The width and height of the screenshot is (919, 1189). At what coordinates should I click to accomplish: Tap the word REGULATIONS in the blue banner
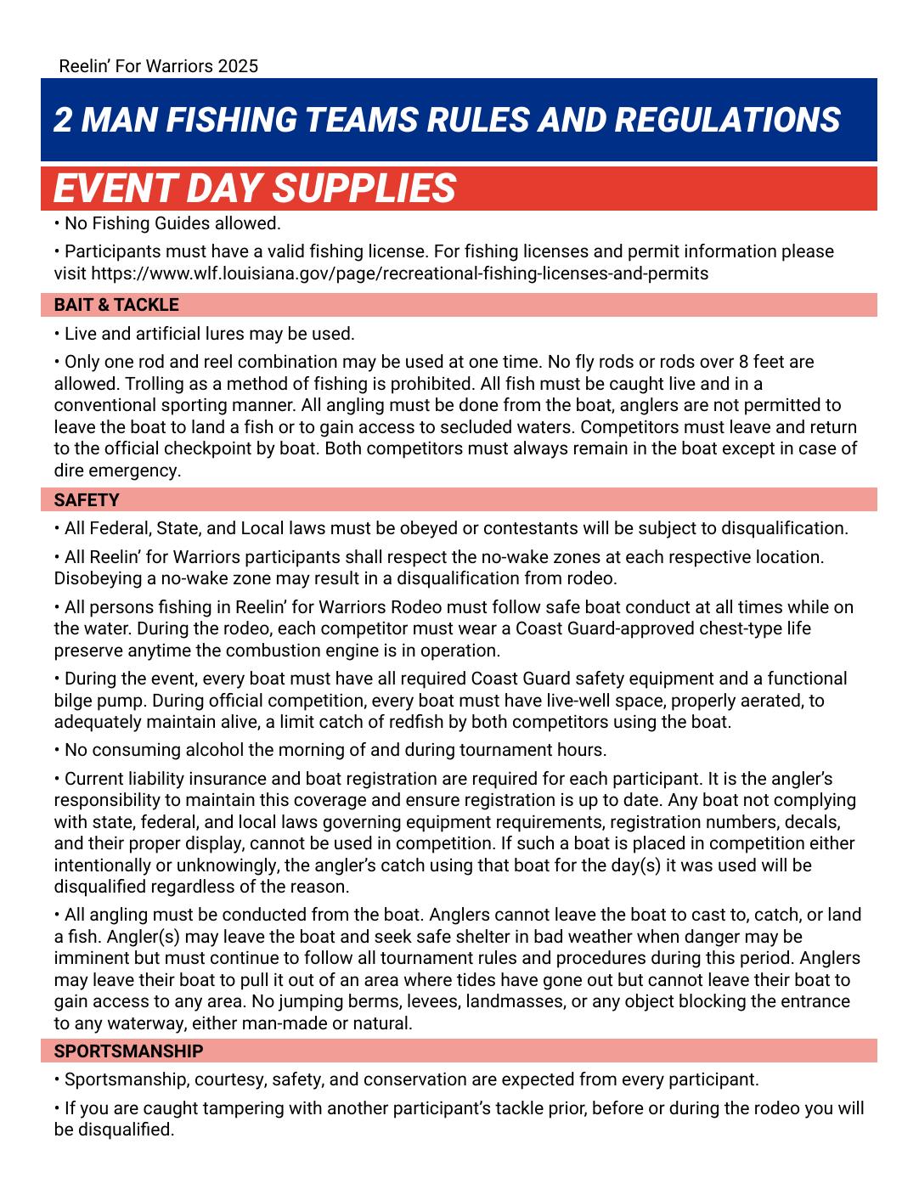pos(727,120)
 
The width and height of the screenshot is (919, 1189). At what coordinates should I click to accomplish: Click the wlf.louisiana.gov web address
pos(399,273)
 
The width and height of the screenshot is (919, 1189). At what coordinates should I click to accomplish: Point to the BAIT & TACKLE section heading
pos(116,305)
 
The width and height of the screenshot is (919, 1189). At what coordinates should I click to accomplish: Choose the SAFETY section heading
pos(87,500)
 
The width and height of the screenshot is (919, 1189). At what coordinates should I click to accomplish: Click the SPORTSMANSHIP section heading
pos(128,1051)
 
